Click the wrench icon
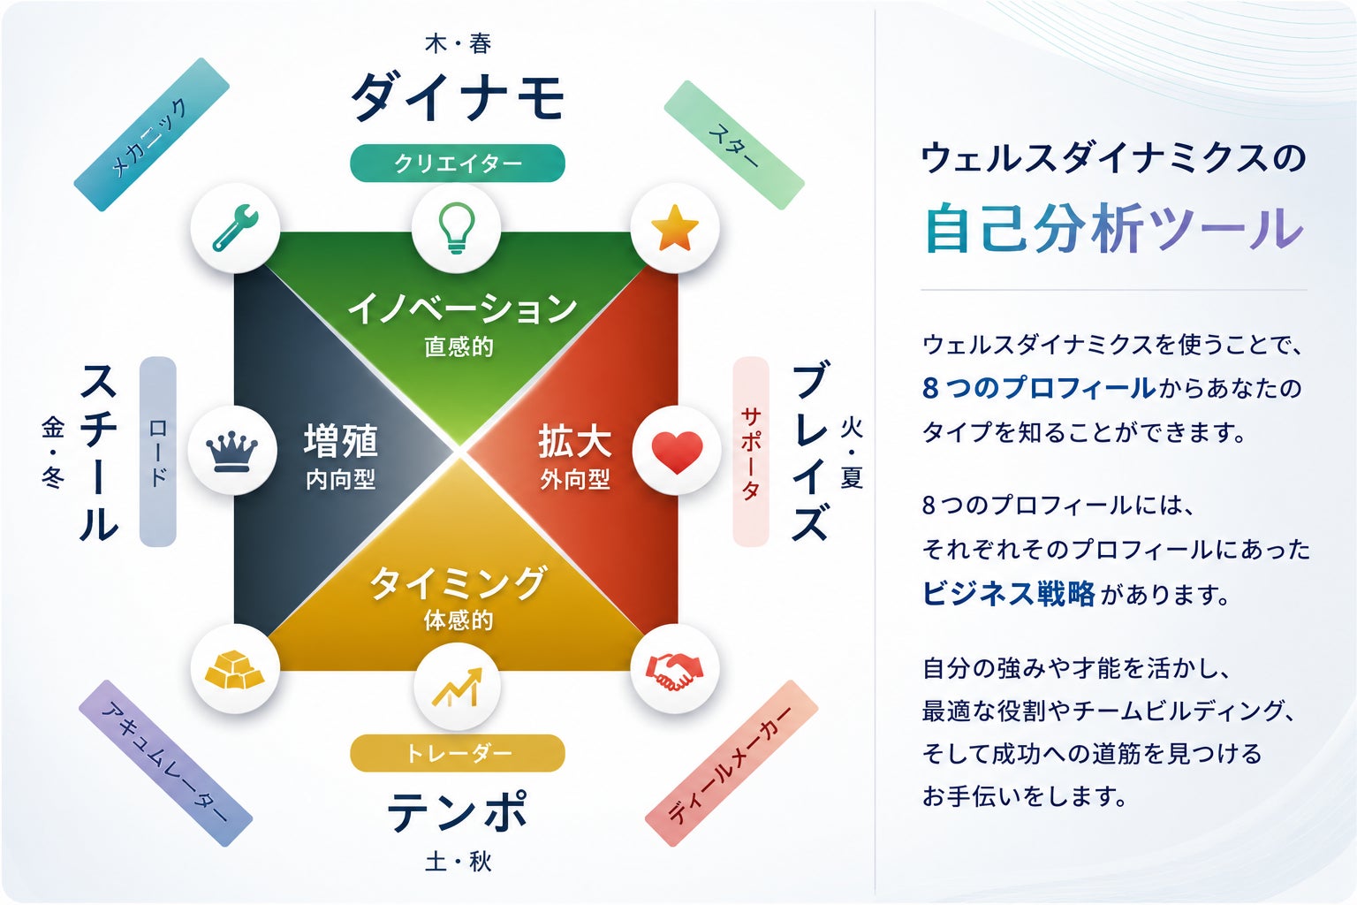coord(235,228)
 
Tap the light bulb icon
coord(456,227)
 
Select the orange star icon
coord(675,227)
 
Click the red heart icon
coord(677,452)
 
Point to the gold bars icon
coord(235,669)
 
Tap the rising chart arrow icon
coord(458,687)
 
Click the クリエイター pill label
coord(458,163)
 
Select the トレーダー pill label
coord(458,753)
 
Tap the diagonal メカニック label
coord(151,134)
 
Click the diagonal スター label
coord(734,145)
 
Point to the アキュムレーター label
coord(165,764)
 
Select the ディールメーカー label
coord(732,764)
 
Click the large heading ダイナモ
coord(458,97)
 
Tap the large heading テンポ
coord(458,811)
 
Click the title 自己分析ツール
coord(1113,229)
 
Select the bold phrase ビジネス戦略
coord(1009,593)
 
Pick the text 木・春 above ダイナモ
coord(458,43)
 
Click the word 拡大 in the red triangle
coord(575,441)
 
